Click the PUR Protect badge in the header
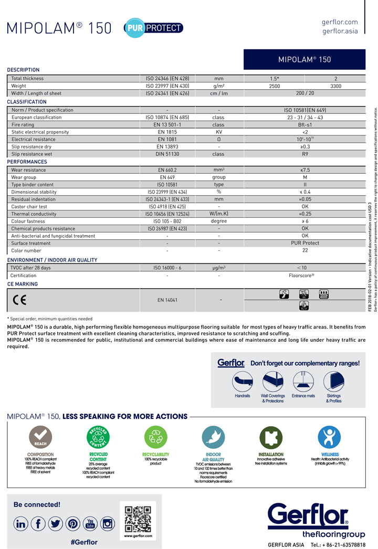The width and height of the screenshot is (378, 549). click(153, 28)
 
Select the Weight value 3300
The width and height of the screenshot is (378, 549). click(335, 86)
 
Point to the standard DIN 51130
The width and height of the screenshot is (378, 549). click(167, 154)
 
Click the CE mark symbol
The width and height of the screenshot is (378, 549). click(19, 300)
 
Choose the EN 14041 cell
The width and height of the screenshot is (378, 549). click(167, 300)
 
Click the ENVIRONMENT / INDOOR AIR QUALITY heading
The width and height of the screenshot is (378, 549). click(52, 260)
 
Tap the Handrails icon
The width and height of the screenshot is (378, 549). click(243, 380)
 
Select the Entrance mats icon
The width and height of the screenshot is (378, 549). click(303, 380)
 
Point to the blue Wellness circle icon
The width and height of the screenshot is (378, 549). click(330, 437)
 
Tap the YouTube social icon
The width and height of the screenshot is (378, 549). click(90, 523)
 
